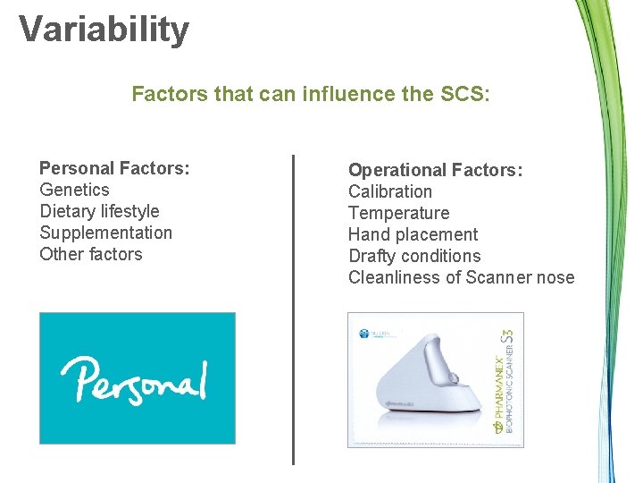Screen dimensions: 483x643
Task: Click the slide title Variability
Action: [104, 29]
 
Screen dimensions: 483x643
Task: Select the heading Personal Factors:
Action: [114, 168]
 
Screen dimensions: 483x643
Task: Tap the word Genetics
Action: [74, 190]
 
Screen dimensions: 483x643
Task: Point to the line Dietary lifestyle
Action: [99, 211]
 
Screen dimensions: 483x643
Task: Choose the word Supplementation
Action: [105, 233]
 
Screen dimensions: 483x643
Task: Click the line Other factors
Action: [90, 254]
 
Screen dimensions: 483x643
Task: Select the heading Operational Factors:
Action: [435, 170]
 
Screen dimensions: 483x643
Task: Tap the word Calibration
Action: [389, 191]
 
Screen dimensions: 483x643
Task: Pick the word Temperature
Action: [398, 213]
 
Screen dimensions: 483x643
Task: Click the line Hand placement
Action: [413, 234]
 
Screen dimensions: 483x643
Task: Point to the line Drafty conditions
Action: [414, 256]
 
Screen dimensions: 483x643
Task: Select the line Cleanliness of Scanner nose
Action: [461, 277]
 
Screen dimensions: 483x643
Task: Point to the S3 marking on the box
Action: [506, 340]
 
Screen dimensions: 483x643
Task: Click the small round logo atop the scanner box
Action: [363, 333]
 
